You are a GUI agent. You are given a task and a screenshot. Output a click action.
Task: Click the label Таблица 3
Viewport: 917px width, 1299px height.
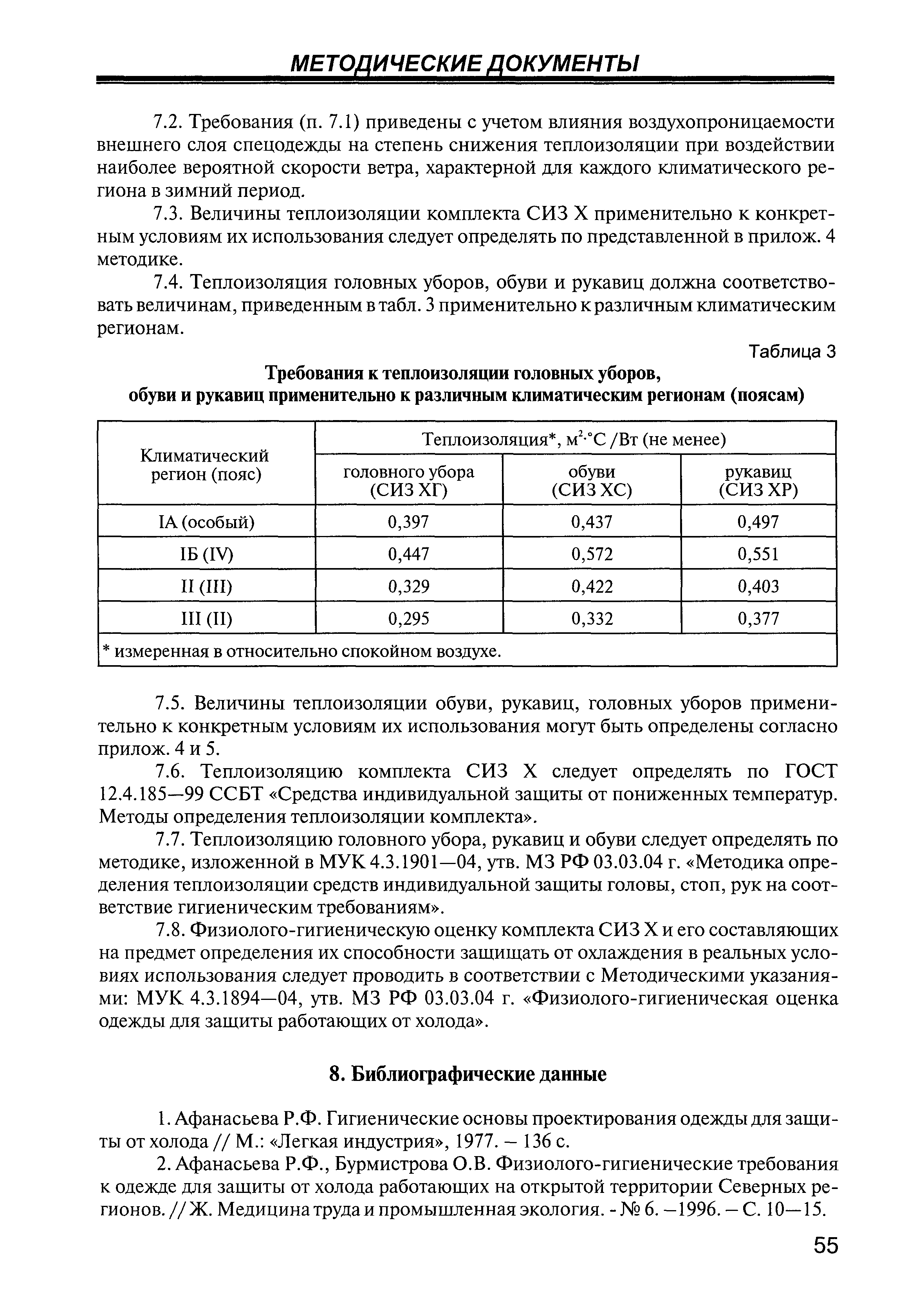791,352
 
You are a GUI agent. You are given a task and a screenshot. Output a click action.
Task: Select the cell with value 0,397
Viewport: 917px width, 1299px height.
408,521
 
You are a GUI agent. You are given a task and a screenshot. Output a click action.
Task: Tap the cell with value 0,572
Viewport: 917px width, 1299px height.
592,553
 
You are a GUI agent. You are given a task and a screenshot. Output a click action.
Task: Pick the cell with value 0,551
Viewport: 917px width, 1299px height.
758,553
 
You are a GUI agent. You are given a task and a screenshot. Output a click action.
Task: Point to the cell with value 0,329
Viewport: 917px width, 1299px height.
408,586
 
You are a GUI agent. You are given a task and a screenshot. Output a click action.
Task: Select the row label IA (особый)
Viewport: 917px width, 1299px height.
206,521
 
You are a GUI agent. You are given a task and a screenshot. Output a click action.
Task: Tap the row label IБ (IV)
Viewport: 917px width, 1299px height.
206,553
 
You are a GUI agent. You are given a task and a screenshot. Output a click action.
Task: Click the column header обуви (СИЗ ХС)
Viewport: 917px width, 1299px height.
592,480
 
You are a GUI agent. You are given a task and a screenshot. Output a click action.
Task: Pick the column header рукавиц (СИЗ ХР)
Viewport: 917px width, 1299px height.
758,480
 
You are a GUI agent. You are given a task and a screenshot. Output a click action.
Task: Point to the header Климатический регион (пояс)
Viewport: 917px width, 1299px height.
206,464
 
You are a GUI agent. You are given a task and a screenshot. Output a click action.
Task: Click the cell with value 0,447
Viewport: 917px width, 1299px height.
408,553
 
